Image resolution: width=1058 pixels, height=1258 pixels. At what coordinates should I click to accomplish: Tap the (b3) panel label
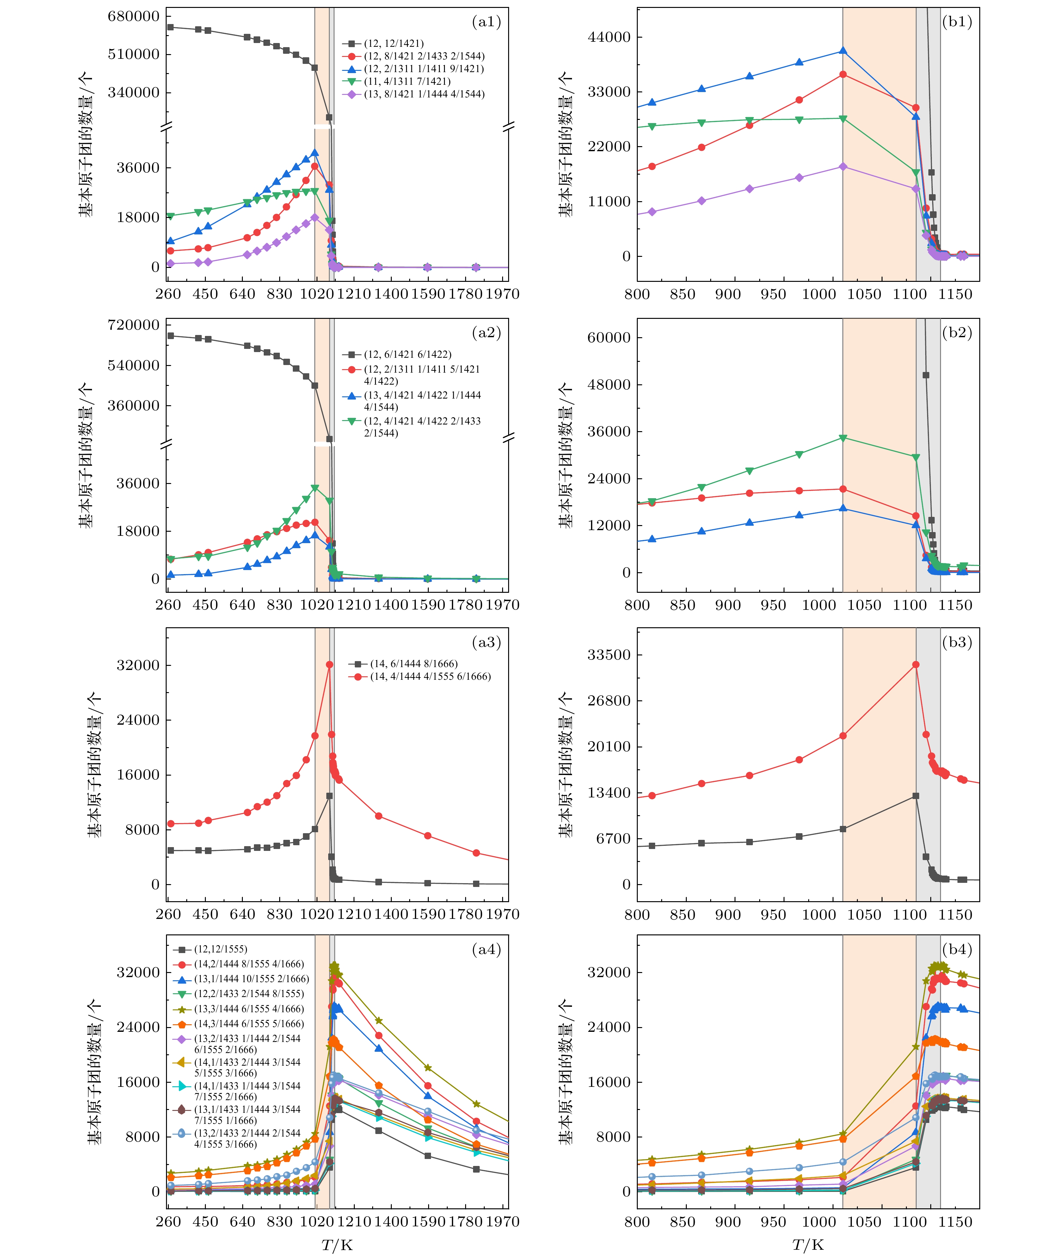point(957,642)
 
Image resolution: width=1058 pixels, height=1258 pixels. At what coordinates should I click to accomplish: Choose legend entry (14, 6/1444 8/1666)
point(414,664)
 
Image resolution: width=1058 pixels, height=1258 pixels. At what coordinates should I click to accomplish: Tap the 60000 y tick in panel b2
point(609,338)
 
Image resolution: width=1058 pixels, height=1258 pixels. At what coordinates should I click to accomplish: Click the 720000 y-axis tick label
point(133,325)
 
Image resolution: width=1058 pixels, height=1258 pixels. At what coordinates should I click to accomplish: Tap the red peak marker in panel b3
point(916,665)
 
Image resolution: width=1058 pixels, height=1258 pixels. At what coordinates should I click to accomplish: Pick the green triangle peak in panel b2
point(843,438)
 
